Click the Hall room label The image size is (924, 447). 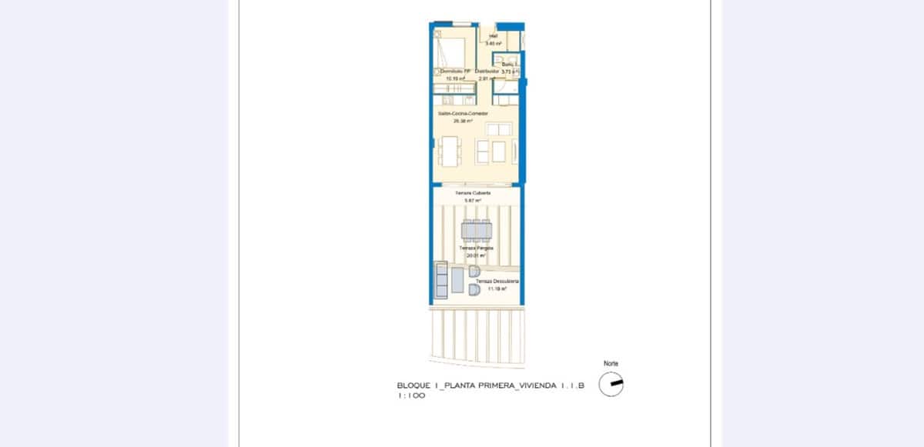(x=493, y=36)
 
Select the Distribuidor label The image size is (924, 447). (x=487, y=71)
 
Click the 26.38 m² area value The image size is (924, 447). (x=462, y=121)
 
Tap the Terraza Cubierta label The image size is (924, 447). (x=473, y=192)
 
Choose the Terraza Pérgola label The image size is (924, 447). (x=477, y=249)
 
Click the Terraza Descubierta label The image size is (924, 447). (x=497, y=282)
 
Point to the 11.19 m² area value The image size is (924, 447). (x=497, y=289)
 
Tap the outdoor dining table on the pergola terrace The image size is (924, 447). (x=477, y=230)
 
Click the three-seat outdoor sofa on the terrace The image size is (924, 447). (x=441, y=280)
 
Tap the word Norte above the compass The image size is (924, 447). (x=611, y=364)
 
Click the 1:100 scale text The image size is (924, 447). (x=411, y=396)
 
